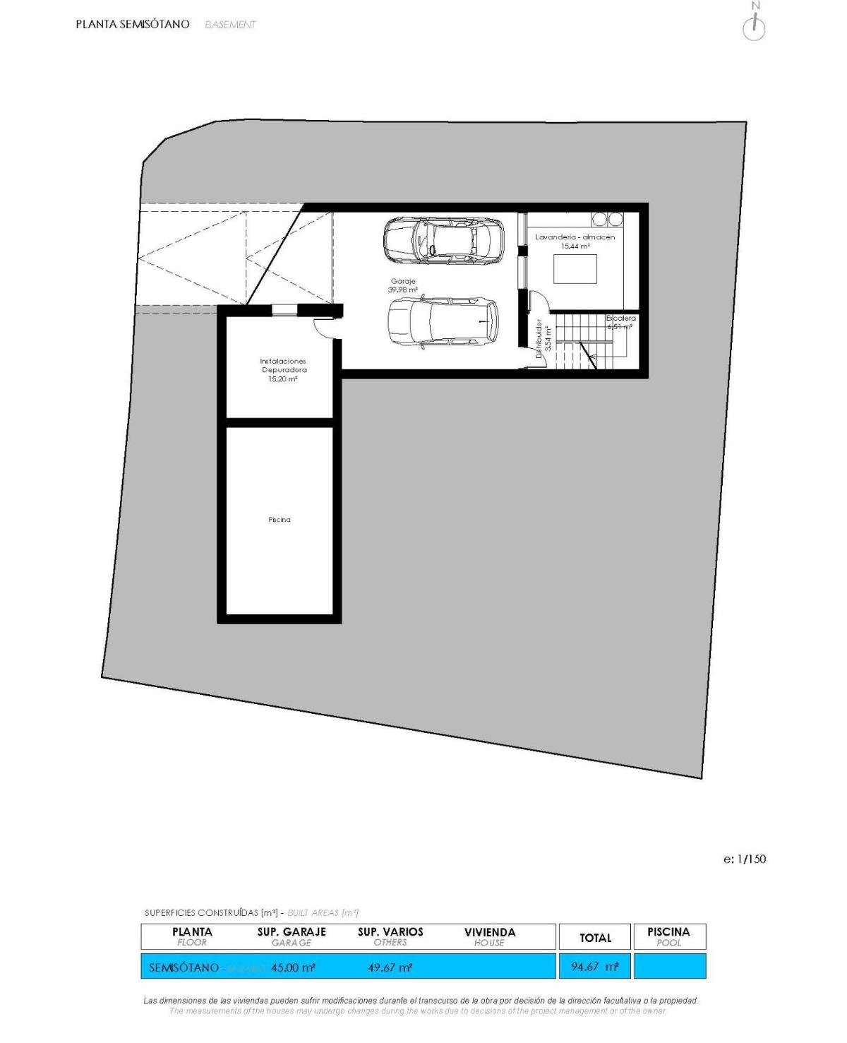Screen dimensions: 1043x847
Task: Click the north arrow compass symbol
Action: click(x=755, y=25)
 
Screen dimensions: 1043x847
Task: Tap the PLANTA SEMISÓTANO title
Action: click(x=133, y=24)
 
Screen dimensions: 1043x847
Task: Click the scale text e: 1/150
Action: click(x=745, y=859)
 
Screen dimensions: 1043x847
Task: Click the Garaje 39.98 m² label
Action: click(x=403, y=285)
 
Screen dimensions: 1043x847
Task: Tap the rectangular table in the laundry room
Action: click(x=575, y=269)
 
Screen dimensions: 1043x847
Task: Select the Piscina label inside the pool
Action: click(x=280, y=520)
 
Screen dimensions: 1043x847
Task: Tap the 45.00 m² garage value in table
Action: click(x=293, y=967)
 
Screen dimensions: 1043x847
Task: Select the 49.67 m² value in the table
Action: click(x=390, y=967)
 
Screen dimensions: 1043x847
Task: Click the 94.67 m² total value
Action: click(x=595, y=967)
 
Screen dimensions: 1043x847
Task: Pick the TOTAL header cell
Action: click(x=595, y=938)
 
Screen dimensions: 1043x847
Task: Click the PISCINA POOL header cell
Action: click(x=668, y=936)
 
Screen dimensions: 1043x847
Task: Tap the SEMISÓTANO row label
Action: click(x=184, y=967)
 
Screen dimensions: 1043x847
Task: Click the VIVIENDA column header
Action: click(x=490, y=936)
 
